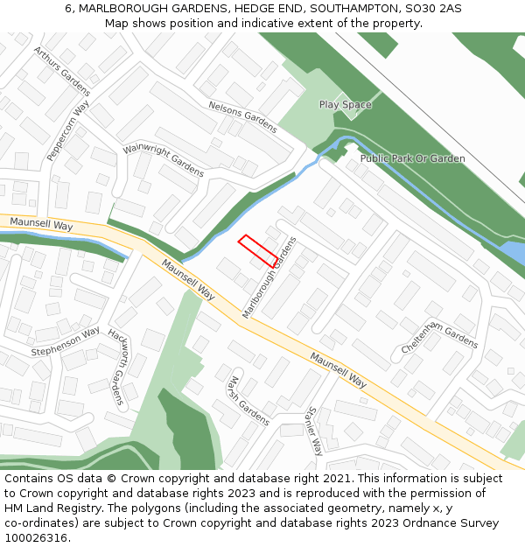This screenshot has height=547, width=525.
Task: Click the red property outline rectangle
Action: [259, 250]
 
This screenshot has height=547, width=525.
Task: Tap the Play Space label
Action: [345, 105]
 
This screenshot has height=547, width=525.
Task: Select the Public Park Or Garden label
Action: [413, 158]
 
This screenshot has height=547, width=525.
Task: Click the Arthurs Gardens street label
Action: [61, 70]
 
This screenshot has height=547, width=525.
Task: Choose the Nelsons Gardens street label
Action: [242, 116]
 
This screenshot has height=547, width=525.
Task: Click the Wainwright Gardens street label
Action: [164, 159]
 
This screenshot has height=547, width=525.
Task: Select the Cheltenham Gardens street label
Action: [439, 339]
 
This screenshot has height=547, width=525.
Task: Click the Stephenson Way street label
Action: [66, 341]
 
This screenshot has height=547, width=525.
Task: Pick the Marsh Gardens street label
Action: [248, 401]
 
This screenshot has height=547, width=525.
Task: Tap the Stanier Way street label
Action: [314, 431]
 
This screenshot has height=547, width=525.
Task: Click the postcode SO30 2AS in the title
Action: [437, 9]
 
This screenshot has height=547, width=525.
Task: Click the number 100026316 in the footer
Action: [36, 538]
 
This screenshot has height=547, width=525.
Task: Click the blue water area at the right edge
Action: [514, 254]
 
